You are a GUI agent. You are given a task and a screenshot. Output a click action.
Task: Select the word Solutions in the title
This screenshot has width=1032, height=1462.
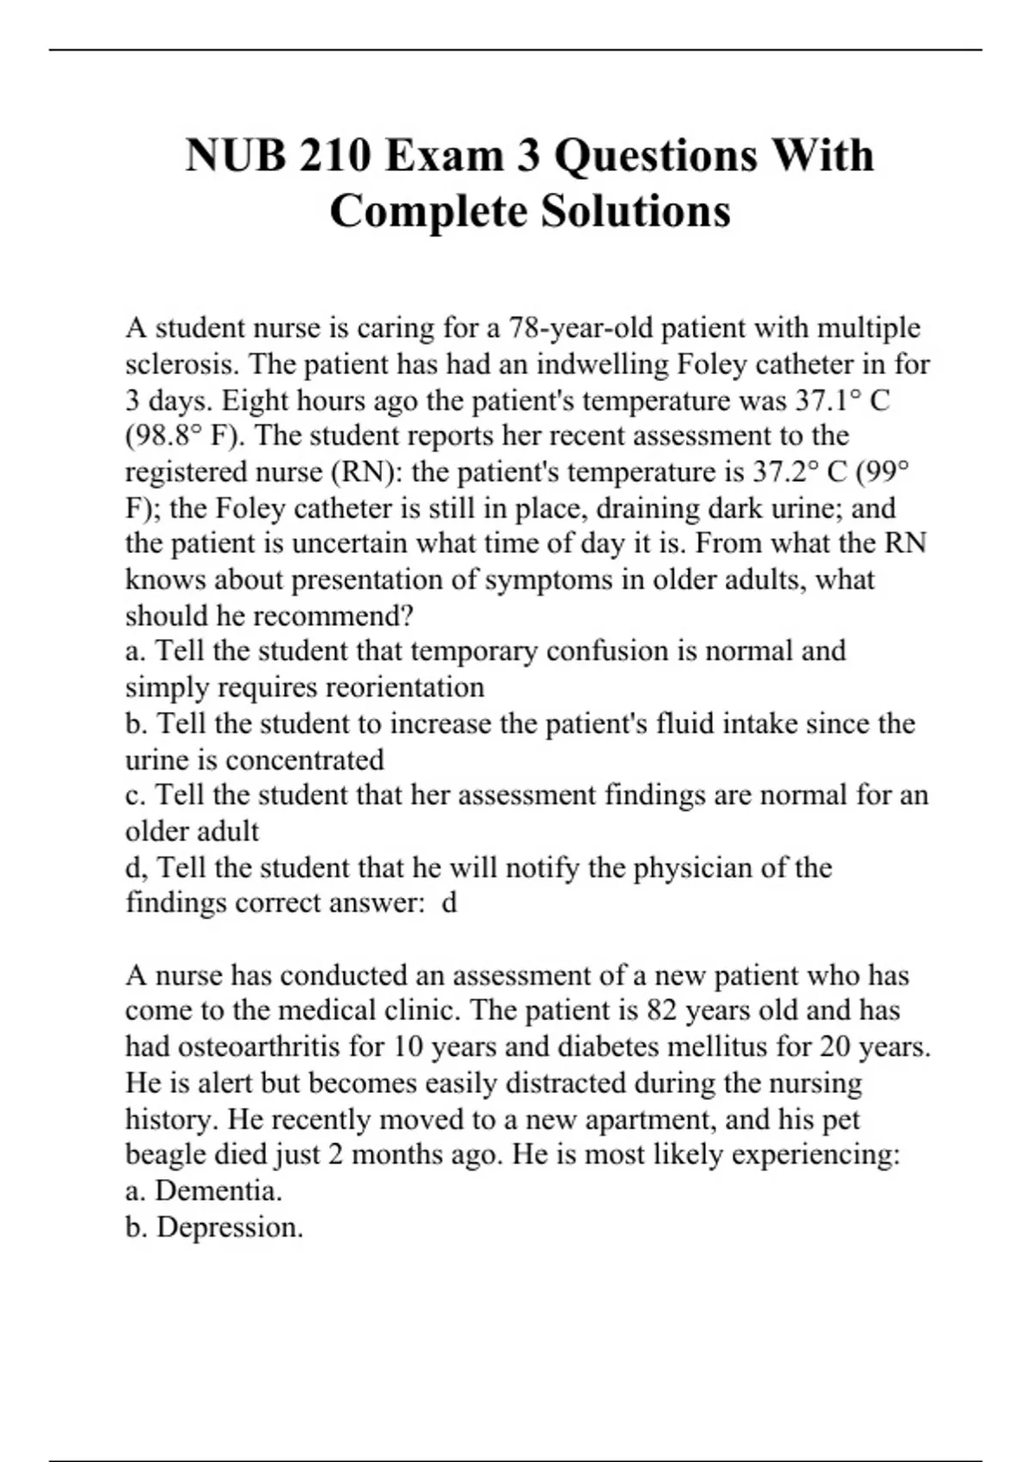[636, 212]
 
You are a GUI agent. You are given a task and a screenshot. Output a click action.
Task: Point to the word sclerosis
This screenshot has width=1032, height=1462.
[182, 364]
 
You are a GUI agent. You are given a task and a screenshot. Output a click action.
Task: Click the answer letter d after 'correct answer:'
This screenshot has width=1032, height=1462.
[448, 903]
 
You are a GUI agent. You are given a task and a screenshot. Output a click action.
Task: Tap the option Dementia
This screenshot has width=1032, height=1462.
[218, 1190]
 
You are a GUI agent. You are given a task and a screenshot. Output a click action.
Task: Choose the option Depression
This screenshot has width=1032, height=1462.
[230, 1226]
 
